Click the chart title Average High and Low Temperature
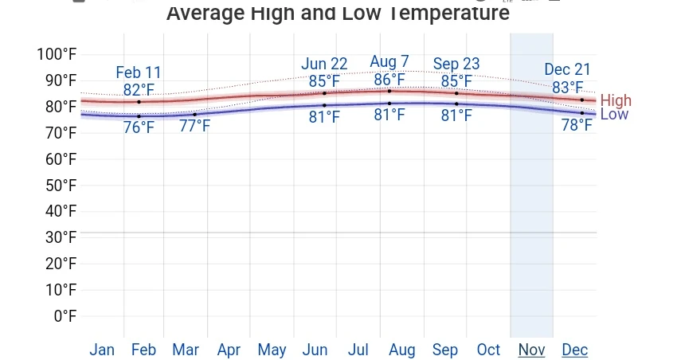[x=338, y=14]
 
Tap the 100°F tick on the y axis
[x=57, y=54]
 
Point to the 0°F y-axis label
[x=65, y=316]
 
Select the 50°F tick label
[x=61, y=186]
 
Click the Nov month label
[x=531, y=350]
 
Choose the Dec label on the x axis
[x=574, y=350]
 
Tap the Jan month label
[x=102, y=350]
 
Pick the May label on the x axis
[x=272, y=350]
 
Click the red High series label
[x=616, y=100]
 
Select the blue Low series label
[x=614, y=115]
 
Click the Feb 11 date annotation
[x=139, y=74]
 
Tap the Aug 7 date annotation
[x=389, y=62]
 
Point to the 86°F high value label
[x=389, y=80]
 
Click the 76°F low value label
[x=139, y=127]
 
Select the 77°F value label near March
[x=194, y=125]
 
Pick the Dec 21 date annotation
[x=568, y=70]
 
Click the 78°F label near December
[x=577, y=124]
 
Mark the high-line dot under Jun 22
[x=324, y=93]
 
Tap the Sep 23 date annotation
[x=456, y=64]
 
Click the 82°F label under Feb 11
[x=139, y=90]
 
